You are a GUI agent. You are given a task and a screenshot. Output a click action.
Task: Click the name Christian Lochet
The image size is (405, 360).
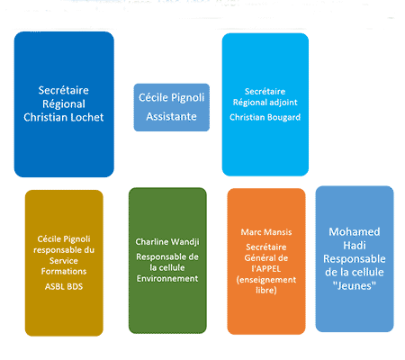pyautogui.click(x=64, y=117)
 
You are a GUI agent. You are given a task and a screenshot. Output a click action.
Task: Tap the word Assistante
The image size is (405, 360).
pyautogui.click(x=171, y=116)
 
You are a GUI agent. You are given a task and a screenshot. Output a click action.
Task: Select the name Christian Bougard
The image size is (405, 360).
pyautogui.click(x=265, y=117)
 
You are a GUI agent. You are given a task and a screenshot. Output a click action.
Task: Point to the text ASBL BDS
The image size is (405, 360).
pyautogui.click(x=64, y=286)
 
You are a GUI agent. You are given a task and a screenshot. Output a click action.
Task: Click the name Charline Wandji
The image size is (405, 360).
pyautogui.click(x=167, y=242)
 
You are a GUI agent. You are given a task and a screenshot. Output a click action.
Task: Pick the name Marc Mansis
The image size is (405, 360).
pyautogui.click(x=266, y=232)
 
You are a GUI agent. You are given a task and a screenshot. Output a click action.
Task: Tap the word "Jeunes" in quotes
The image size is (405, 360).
pyautogui.click(x=355, y=285)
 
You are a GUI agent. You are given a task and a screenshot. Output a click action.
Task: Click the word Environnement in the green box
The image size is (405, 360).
pyautogui.click(x=167, y=278)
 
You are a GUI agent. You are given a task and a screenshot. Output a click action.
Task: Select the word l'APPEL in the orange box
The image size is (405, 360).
pyautogui.click(x=266, y=268)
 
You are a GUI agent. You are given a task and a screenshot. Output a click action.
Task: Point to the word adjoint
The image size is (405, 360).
pyautogui.click(x=283, y=103)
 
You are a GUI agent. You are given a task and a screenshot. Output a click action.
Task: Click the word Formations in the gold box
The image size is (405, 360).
pyautogui.click(x=64, y=271)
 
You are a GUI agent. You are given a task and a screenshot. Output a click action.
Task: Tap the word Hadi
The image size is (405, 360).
pyautogui.click(x=355, y=246)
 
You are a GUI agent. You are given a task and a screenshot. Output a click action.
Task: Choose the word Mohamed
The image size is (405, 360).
pyautogui.click(x=355, y=231)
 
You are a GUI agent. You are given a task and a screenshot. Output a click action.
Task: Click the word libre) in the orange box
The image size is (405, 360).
pyautogui.click(x=266, y=290)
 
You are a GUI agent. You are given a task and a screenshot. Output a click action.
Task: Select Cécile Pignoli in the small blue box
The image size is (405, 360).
pyautogui.click(x=171, y=97)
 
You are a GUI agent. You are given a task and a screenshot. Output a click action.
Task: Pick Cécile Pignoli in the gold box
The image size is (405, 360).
pyautogui.click(x=64, y=239)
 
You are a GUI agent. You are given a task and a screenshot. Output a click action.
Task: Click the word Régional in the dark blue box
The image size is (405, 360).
pyautogui.click(x=64, y=103)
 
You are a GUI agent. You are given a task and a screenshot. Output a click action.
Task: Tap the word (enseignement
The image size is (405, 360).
pyautogui.click(x=266, y=280)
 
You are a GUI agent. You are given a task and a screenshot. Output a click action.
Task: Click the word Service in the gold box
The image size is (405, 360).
pyautogui.click(x=64, y=261)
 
